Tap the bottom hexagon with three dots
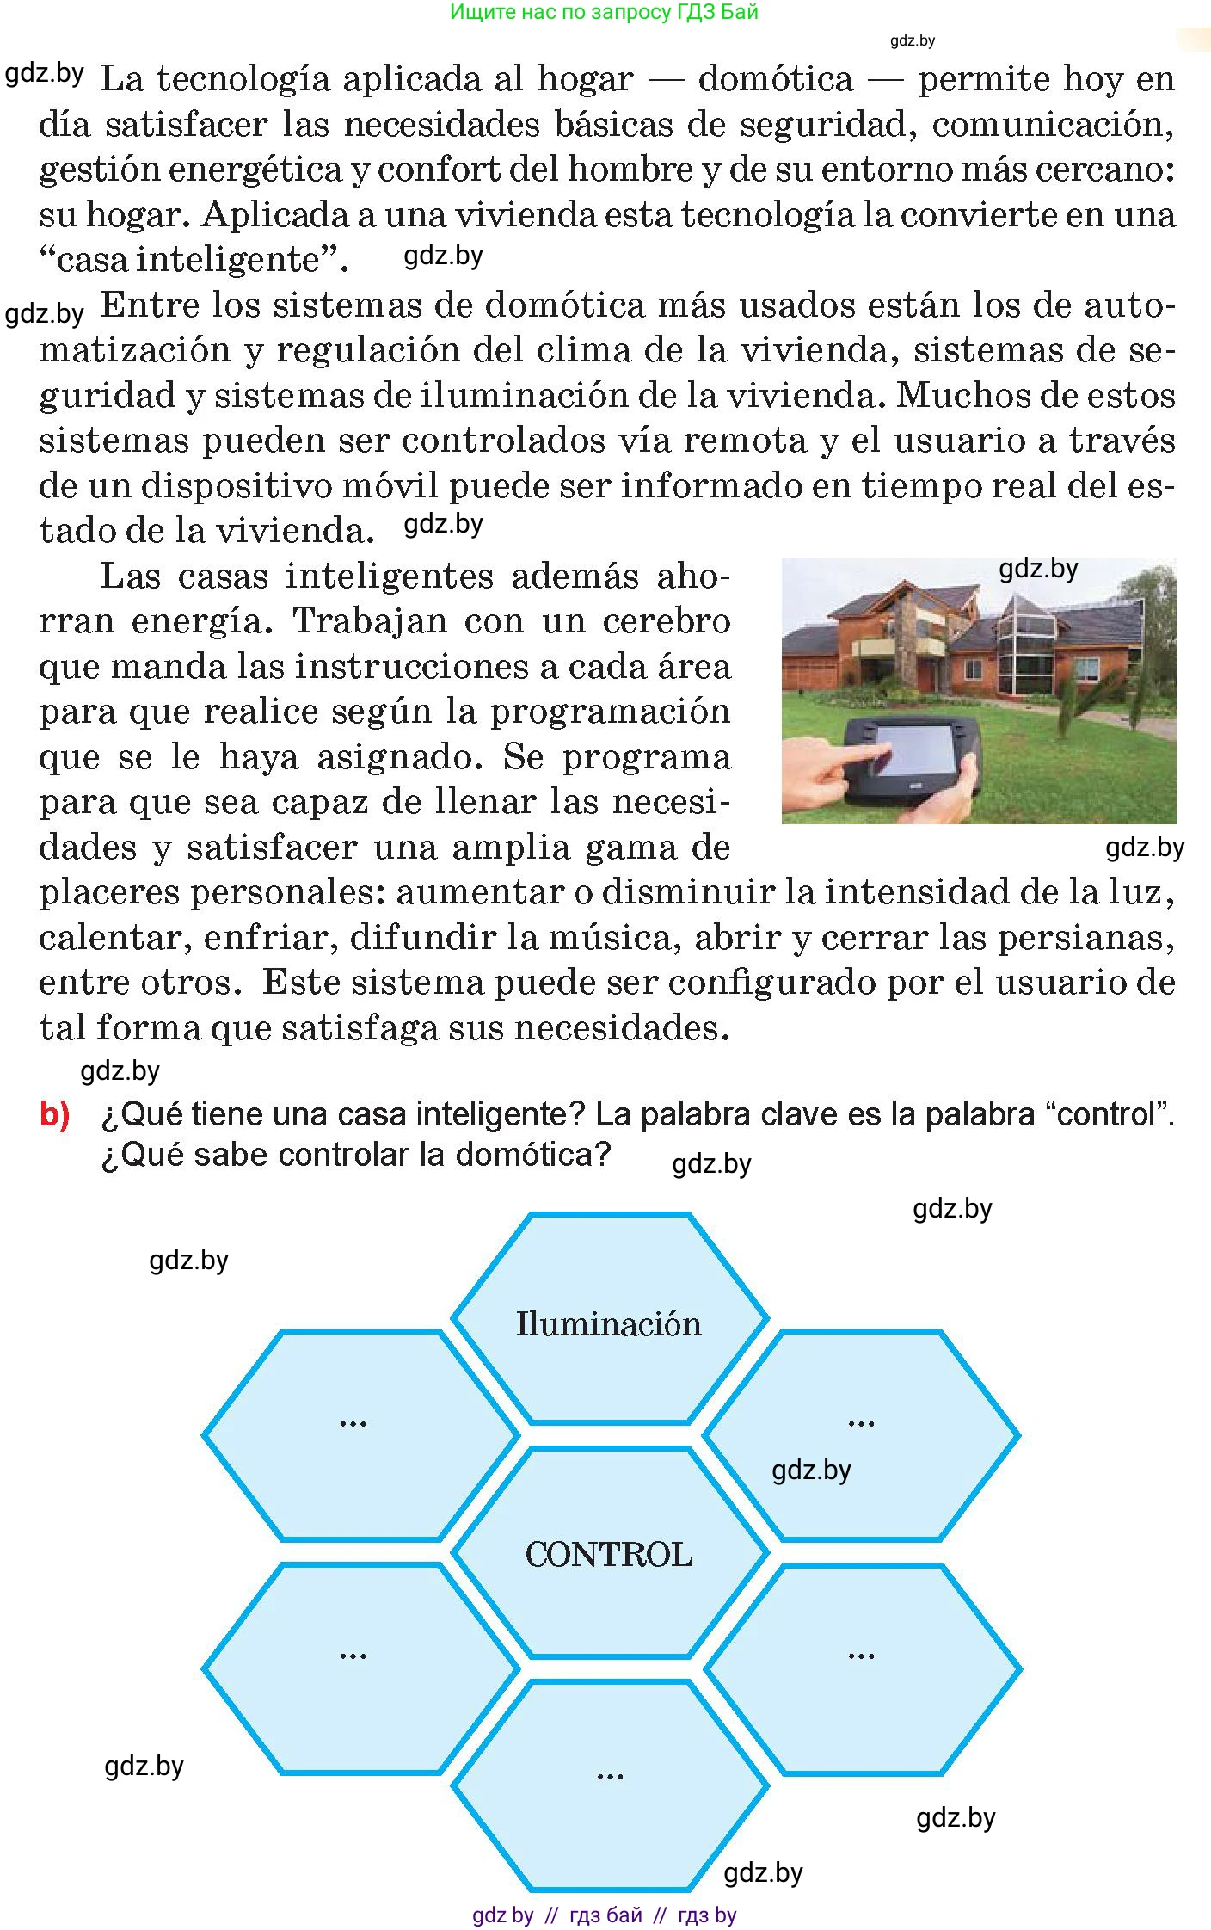(609, 1785)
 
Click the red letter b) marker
(54, 1115)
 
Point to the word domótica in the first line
(775, 79)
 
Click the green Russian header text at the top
(604, 12)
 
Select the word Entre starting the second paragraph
(149, 305)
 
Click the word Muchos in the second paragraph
(961, 396)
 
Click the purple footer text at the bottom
(604, 1915)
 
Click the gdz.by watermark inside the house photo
(1038, 569)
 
